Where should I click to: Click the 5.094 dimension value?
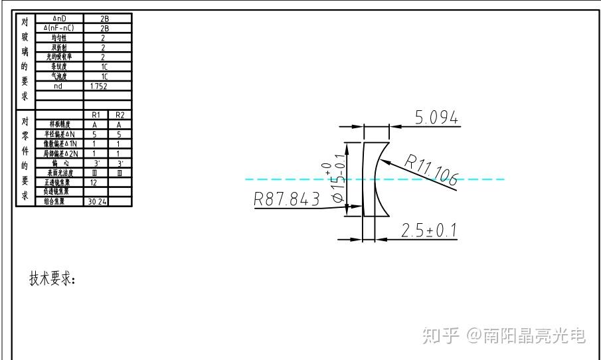[436, 118]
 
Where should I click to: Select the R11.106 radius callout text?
[432, 169]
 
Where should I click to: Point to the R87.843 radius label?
[287, 199]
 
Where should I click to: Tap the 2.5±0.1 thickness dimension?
[429, 230]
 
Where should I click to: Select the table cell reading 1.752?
[98, 86]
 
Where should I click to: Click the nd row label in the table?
[59, 86]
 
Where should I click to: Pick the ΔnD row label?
[59, 19]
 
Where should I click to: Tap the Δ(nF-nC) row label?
[59, 28]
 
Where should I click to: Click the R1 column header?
[95, 115]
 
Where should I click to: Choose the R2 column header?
[119, 115]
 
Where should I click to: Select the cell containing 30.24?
[95, 201]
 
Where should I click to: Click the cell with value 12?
[95, 182]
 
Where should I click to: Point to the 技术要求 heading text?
[52, 278]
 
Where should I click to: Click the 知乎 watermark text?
[440, 335]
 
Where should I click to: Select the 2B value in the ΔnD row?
[104, 19]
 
